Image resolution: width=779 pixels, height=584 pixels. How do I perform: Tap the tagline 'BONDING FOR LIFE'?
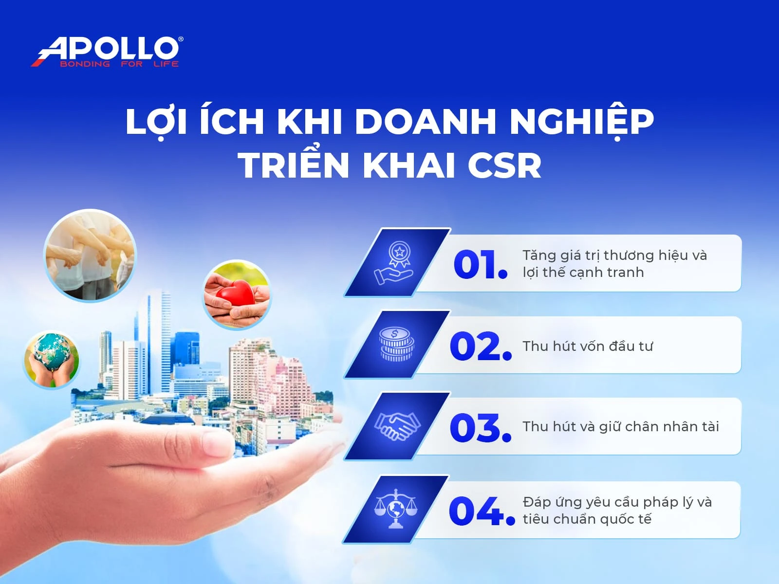[119, 64]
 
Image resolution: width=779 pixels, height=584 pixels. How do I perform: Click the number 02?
[480, 347]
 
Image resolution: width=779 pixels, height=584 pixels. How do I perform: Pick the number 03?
[480, 428]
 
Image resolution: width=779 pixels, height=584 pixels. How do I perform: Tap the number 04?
[481, 511]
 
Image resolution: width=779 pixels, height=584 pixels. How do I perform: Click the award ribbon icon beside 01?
[395, 263]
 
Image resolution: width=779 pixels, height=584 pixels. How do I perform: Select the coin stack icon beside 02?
[396, 345]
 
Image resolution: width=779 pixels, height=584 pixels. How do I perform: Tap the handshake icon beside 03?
[397, 426]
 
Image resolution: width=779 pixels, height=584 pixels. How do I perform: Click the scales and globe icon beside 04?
[396, 509]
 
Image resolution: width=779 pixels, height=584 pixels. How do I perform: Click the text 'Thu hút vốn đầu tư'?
[587, 346]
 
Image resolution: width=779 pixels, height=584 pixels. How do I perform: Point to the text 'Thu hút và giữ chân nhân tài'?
[620, 427]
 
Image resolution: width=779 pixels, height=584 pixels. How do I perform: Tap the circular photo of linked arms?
[90, 255]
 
